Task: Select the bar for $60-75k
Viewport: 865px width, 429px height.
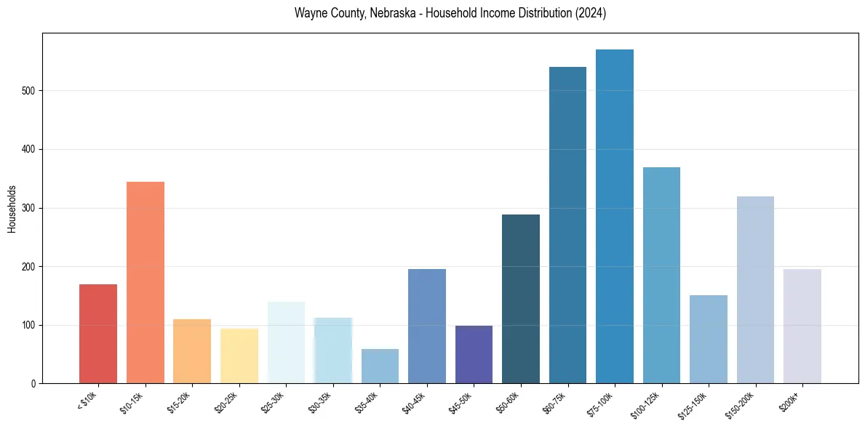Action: [x=567, y=225]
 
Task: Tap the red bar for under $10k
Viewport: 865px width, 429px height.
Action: [x=98, y=334]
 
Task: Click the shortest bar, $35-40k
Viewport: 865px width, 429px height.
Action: [x=380, y=366]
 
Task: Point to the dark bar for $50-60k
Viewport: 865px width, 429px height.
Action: [x=520, y=299]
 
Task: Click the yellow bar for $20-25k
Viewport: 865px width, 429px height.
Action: [x=239, y=356]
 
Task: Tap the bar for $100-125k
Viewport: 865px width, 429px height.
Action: [x=661, y=276]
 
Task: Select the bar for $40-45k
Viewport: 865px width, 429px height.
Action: [x=426, y=326]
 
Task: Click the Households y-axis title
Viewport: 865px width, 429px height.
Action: [x=12, y=209]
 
